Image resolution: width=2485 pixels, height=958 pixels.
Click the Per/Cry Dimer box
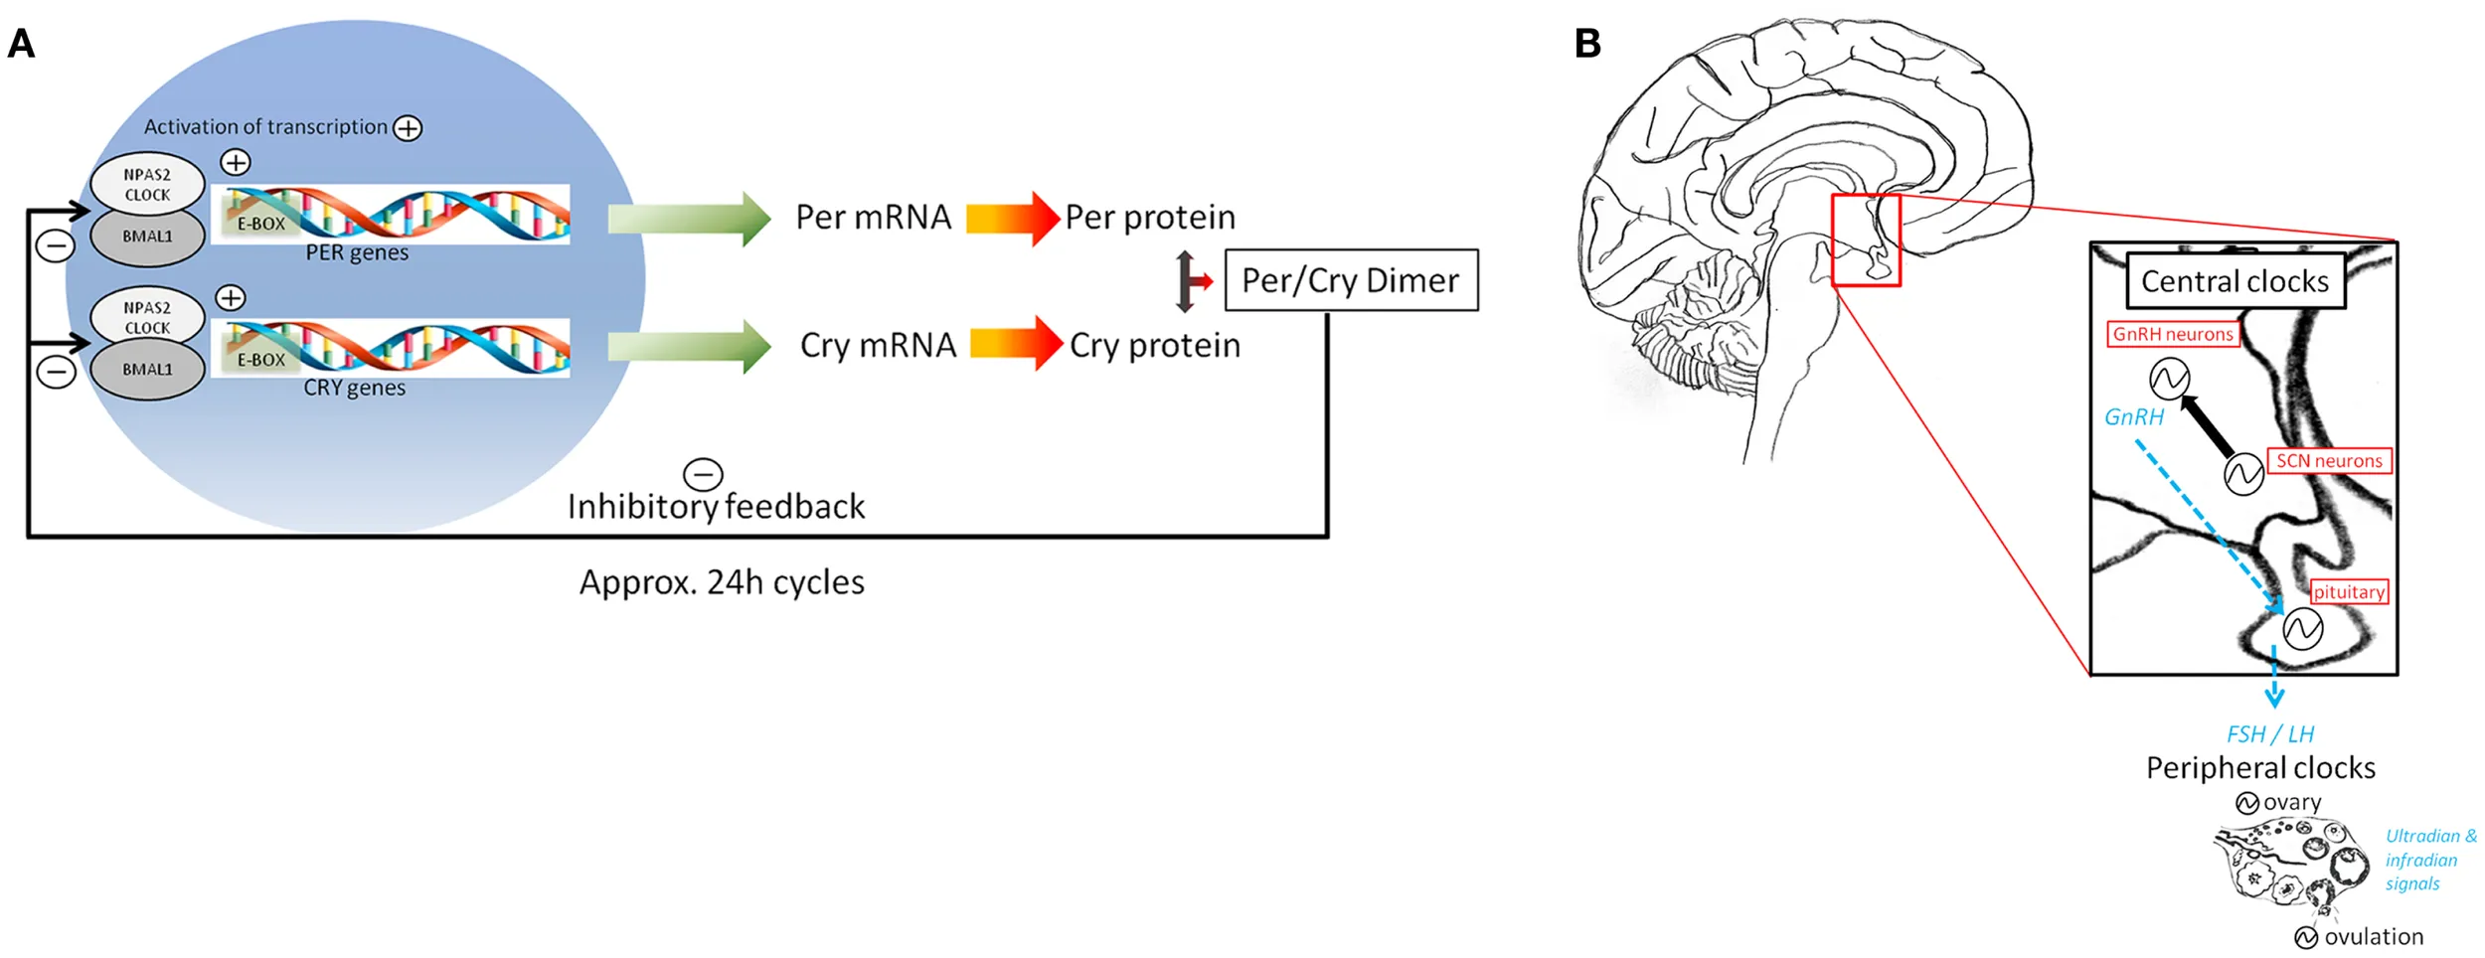coord(1351,280)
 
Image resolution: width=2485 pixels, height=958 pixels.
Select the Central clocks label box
coord(2235,281)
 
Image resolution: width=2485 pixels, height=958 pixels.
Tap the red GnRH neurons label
coord(2173,334)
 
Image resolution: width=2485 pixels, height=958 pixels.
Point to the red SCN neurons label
coord(2329,461)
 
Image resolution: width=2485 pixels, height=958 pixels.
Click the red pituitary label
coord(2349,592)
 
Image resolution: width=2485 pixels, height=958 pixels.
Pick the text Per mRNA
coord(873,218)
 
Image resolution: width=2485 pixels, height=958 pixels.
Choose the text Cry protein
coord(1155,346)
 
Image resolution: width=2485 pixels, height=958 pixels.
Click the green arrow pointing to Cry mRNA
coord(689,347)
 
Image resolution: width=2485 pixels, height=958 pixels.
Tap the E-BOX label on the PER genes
coord(260,225)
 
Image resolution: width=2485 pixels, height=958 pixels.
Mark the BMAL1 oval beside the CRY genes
coord(147,370)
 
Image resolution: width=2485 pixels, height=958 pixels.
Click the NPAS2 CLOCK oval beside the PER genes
coord(147,185)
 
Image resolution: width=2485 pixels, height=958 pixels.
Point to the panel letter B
coord(1587,44)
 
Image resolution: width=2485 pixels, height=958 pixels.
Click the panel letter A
coord(21,44)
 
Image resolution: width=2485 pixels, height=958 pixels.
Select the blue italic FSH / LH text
coord(2270,734)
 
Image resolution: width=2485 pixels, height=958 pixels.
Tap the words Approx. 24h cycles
coord(722,582)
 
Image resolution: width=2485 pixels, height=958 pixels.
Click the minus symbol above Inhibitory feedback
coord(703,475)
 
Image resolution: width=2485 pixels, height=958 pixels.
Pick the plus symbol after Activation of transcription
coord(408,128)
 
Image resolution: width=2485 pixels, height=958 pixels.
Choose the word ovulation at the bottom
coord(2374,937)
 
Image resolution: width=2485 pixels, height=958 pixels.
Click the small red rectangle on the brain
coord(1866,240)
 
